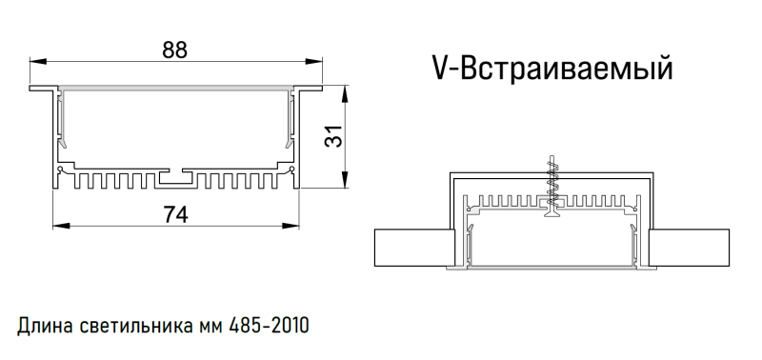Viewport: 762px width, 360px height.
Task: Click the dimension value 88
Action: (174, 51)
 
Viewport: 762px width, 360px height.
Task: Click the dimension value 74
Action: (174, 214)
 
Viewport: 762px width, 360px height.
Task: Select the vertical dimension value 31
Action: (332, 136)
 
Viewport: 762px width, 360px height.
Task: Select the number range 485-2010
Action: (269, 327)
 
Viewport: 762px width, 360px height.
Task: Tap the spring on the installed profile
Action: (550, 180)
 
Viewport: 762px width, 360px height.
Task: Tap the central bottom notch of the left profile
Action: (174, 177)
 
